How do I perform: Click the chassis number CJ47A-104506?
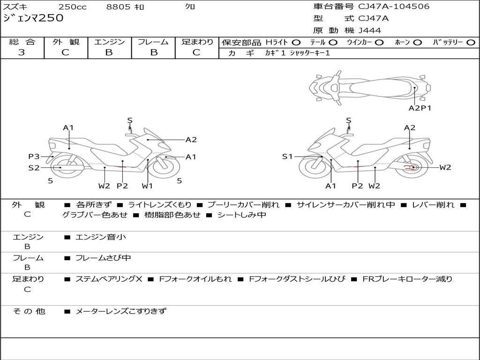pos(394,7)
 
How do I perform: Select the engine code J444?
pos(370,30)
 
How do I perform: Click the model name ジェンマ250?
pos(33,18)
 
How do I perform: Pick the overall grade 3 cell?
pos(22,52)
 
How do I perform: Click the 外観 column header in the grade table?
pos(66,42)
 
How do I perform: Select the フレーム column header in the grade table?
pos(153,42)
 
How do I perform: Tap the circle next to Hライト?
pos(296,42)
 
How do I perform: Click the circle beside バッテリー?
pos(471,42)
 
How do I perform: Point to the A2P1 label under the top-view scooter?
pos(420,108)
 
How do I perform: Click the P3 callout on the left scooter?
pos(34,157)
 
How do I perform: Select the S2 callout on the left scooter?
pos(34,167)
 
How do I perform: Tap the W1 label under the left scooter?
pos(148,186)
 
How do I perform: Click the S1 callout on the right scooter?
pos(287,157)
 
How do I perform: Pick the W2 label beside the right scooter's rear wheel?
pos(445,167)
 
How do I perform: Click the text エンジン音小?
pos(101,237)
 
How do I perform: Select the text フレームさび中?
pos(103,258)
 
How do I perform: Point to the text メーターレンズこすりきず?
pos(121,311)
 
